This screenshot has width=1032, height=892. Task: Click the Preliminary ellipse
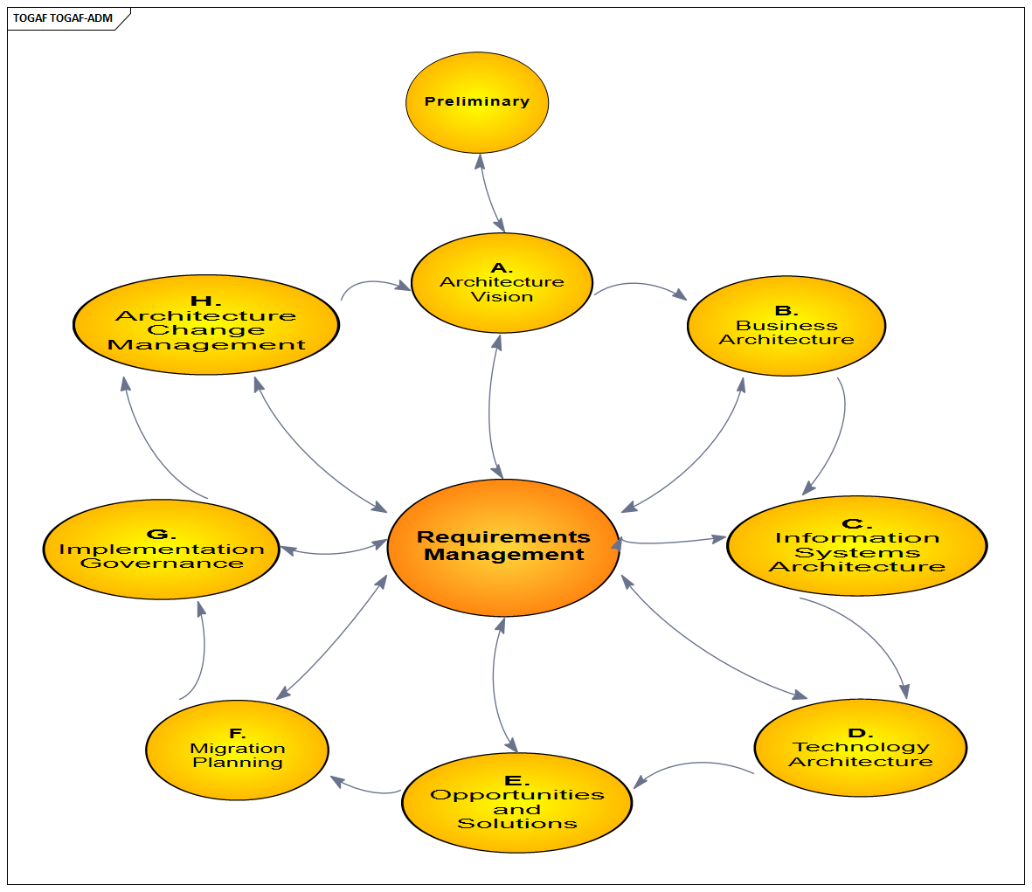pos(476,102)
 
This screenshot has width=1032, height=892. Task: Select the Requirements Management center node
pos(503,547)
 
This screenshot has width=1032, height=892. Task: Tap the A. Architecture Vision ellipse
pos(502,282)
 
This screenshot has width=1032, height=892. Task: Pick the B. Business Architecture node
pos(786,326)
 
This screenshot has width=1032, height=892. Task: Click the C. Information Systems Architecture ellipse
pos(856,546)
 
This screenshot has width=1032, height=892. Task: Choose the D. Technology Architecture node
pos(860,748)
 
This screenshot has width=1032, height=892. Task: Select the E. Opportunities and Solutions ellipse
pos(516,803)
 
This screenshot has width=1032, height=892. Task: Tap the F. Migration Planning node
pos(237,750)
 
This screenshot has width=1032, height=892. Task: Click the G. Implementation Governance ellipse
pos(161,550)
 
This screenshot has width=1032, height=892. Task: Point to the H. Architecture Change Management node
pos(206,325)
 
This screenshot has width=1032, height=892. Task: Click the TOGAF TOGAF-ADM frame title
pos(63,18)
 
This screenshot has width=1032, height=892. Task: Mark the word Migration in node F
pos(238,749)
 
